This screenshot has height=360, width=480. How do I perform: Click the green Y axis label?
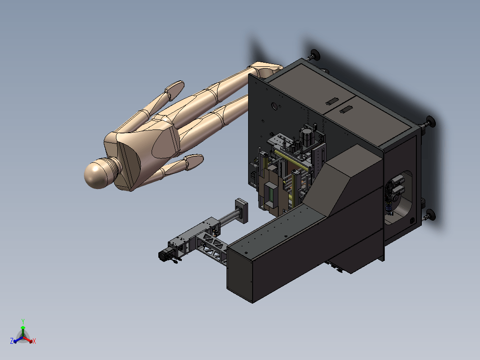pos(23,321)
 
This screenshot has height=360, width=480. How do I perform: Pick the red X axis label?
pos(34,341)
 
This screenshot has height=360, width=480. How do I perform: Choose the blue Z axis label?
pos(12,341)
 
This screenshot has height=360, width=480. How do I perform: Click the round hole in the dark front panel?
pos(274,106)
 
